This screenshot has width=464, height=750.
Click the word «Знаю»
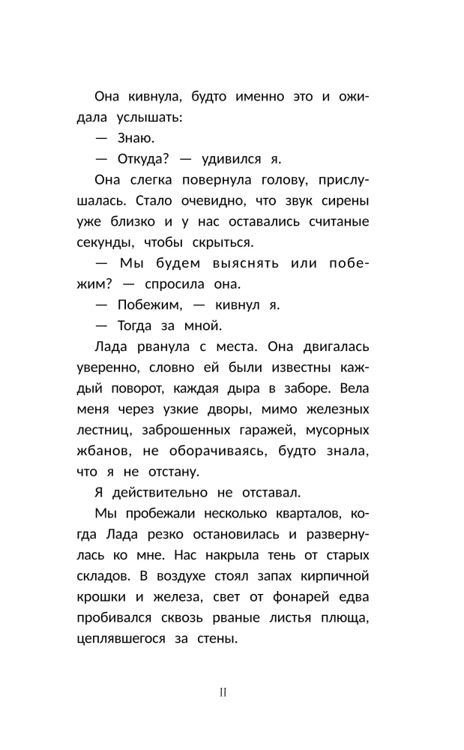point(136,138)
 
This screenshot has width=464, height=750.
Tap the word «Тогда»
point(135,325)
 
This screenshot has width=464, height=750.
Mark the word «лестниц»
point(103,431)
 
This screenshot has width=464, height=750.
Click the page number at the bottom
point(223,692)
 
